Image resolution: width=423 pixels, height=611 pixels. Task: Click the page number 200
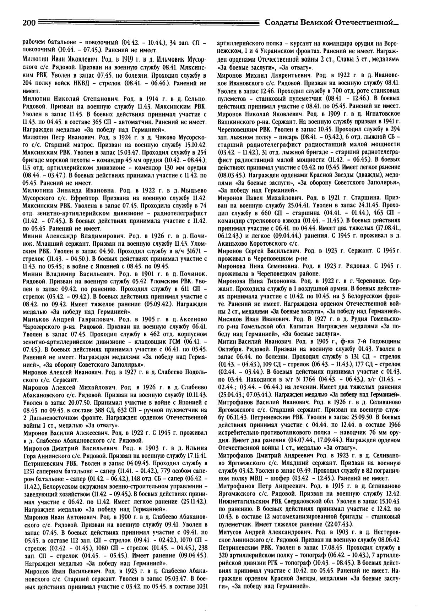point(28,23)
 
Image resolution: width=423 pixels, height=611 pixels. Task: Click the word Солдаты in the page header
point(281,23)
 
